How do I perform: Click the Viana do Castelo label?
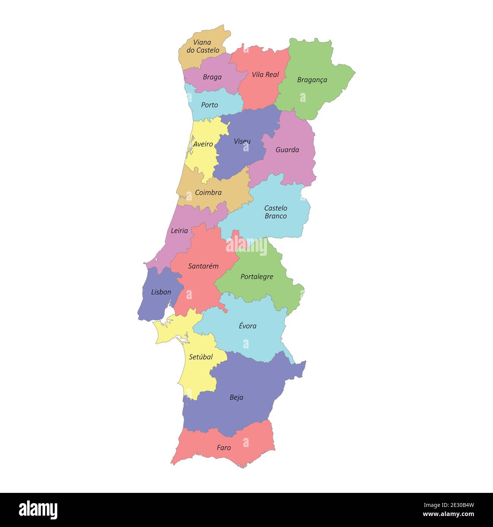203,46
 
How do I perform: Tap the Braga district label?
212,77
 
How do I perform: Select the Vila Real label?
265,75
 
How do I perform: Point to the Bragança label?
312,80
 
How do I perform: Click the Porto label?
209,105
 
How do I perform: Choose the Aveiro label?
203,144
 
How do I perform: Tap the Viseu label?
242,141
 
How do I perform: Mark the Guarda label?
287,150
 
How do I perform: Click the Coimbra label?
208,193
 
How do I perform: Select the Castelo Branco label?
276,212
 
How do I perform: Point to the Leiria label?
179,231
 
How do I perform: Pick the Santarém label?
203,266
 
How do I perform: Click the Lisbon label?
161,292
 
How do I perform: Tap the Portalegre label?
257,277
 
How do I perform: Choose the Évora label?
248,326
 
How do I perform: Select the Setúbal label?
201,357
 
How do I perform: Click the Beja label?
236,398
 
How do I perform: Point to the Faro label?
224,448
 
